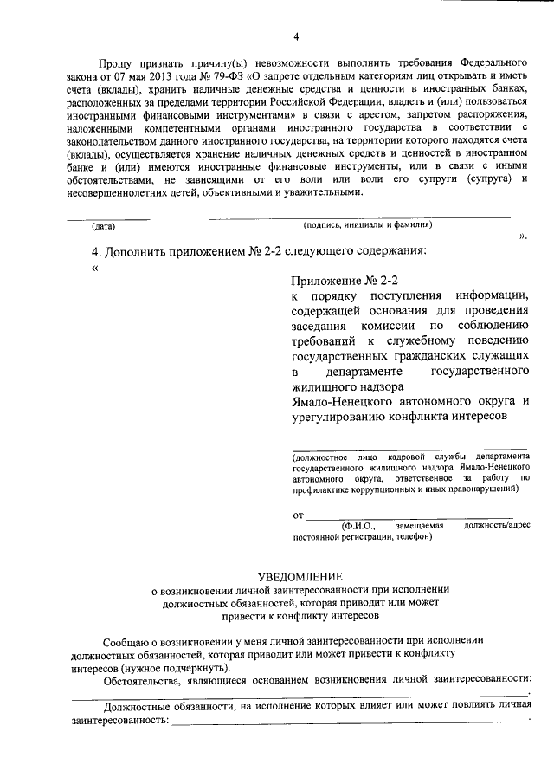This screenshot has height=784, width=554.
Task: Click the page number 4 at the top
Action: pyautogui.click(x=295, y=36)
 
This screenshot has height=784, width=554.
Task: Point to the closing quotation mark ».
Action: pyautogui.click(x=523, y=235)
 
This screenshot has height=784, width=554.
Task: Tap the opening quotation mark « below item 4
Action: pyautogui.click(x=94, y=267)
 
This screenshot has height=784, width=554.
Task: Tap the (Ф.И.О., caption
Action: pyautogui.click(x=358, y=525)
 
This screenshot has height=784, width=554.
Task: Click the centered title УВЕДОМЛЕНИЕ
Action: pyautogui.click(x=300, y=576)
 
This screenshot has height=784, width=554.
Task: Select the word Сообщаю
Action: pyautogui.click(x=127, y=642)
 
